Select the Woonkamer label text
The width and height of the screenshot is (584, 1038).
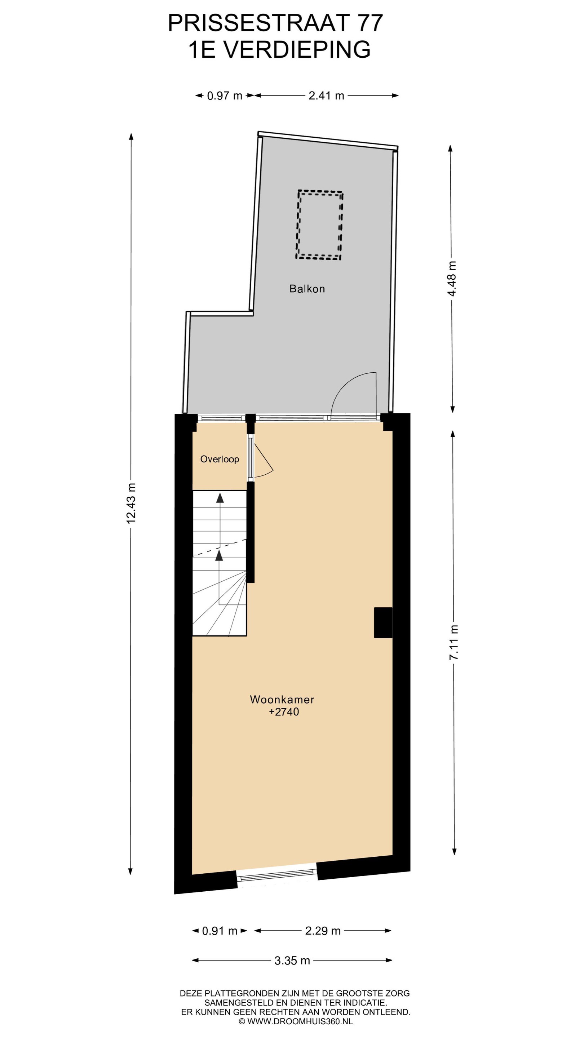point(282,700)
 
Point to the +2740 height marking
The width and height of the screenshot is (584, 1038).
point(284,711)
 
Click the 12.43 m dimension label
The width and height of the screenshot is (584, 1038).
point(131,503)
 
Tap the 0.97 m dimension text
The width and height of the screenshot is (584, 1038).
point(225,96)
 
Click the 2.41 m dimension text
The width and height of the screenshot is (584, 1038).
point(327,96)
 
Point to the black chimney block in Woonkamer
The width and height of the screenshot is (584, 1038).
point(383,622)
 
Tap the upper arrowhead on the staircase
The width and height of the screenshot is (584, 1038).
point(220,498)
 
